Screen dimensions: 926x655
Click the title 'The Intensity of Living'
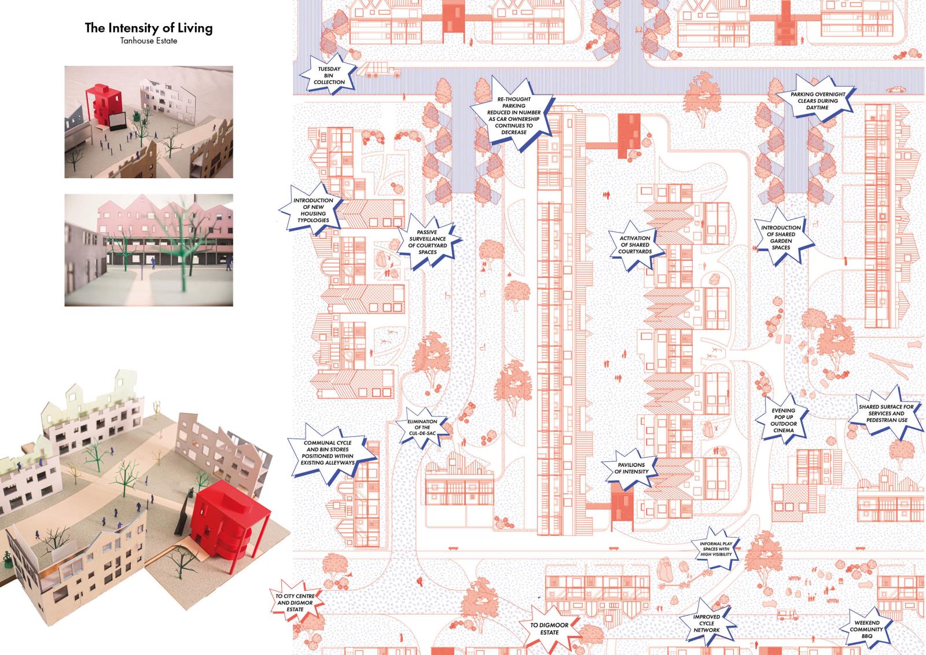point(149,28)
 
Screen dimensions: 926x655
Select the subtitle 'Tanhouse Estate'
point(149,41)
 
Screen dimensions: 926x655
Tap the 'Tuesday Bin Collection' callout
point(329,75)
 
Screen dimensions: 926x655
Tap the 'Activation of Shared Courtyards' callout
point(635,245)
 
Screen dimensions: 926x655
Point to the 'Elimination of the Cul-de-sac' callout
point(422,427)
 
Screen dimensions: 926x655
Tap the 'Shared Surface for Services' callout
point(886,413)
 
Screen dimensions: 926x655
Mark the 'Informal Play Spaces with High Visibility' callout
point(716,549)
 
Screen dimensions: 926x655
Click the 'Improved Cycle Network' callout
point(707,623)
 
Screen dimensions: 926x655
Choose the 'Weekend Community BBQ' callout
point(867,629)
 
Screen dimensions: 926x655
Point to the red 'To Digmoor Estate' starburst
point(549,628)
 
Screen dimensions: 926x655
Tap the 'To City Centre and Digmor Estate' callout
point(295,602)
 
